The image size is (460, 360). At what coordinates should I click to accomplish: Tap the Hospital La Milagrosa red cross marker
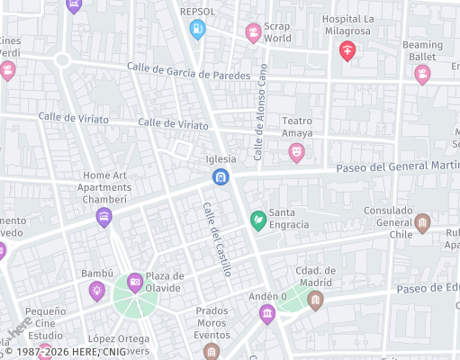(347, 50)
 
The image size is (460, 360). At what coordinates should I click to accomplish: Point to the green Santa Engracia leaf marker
(257, 220)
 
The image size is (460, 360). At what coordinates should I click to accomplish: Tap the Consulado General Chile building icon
(422, 223)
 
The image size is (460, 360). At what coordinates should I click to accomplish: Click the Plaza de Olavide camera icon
(135, 283)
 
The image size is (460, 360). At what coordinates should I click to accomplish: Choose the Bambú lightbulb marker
(96, 290)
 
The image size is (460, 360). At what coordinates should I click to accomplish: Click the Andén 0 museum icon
(266, 313)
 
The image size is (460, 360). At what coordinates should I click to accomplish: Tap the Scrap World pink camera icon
(254, 33)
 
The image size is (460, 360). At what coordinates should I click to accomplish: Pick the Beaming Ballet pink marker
(422, 75)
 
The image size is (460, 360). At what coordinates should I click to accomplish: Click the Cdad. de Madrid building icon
(314, 299)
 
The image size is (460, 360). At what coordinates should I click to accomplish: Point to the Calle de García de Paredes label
(187, 71)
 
